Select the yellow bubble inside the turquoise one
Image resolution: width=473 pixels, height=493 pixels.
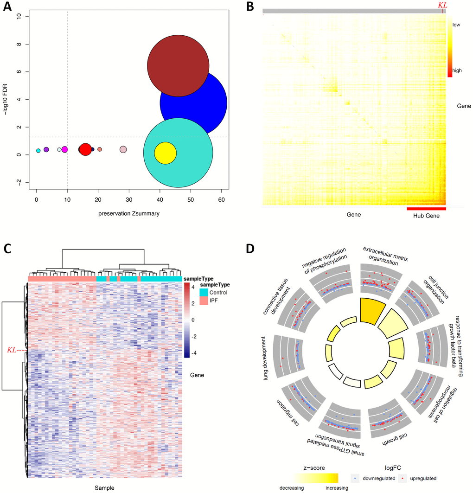click(x=165, y=153)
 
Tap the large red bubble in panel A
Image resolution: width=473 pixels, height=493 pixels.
click(x=85, y=149)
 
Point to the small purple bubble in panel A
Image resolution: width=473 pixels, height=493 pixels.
click(x=46, y=149)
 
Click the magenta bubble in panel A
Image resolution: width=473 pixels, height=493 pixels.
click(x=65, y=149)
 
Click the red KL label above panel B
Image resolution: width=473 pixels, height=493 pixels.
click(x=442, y=5)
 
